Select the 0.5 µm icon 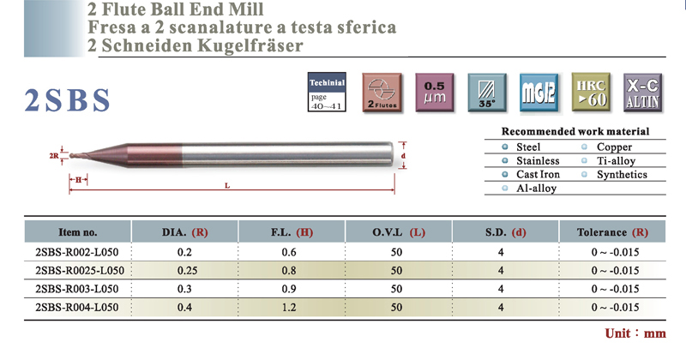(x=434, y=93)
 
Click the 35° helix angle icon (x=486, y=93)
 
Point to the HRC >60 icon (x=591, y=93)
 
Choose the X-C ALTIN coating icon (x=641, y=93)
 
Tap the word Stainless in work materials (x=537, y=160)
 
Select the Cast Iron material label (x=538, y=174)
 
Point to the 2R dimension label (x=55, y=157)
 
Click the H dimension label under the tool (x=78, y=180)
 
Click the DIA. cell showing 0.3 (x=184, y=288)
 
